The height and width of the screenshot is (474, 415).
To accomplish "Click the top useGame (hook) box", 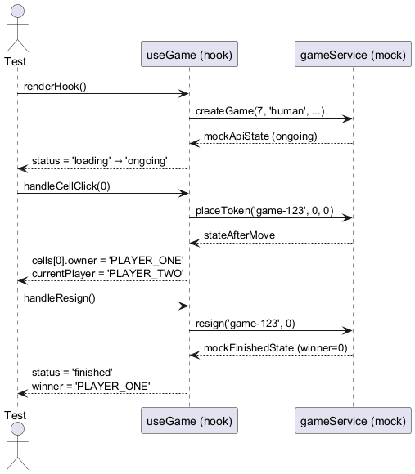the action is [189, 54].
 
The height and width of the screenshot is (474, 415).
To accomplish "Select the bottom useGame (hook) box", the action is [189, 420].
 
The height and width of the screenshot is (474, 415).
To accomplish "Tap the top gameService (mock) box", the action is [353, 54].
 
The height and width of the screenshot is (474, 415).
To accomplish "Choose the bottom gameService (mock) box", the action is [353, 420].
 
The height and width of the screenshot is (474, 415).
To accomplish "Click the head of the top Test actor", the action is [17, 11].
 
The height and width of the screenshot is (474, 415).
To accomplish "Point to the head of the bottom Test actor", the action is [17, 429].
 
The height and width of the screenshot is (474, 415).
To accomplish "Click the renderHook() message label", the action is [55, 87].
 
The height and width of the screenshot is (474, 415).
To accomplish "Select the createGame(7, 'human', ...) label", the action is [260, 111].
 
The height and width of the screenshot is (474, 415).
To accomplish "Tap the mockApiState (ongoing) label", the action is [260, 136].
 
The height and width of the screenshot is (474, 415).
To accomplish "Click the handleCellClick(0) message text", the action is [67, 186].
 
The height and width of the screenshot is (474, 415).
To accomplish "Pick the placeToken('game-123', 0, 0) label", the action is [264, 210].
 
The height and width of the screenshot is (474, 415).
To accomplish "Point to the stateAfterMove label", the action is [240, 235].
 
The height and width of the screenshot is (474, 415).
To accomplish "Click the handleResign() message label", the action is [60, 298].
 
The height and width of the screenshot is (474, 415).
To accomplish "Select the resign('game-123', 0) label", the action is [246, 324].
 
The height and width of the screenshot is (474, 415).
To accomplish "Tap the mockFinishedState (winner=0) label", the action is [276, 348].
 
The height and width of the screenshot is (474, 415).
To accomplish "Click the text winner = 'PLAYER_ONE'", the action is [91, 387].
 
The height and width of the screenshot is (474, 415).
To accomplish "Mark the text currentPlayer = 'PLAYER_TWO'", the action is [108, 274].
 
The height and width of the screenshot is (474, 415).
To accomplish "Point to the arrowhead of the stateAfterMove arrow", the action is [194, 243].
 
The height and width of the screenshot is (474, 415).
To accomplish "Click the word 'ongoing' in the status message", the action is [147, 161].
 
